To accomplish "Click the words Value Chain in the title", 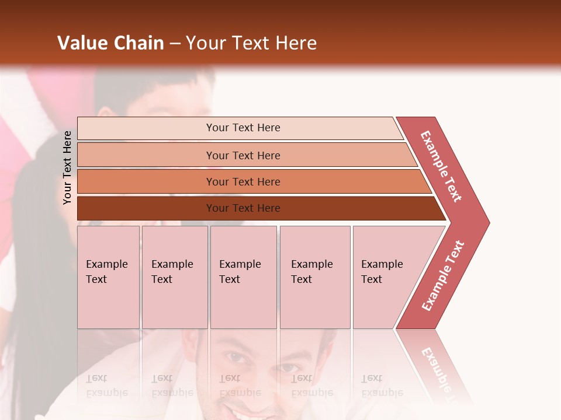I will [110, 43].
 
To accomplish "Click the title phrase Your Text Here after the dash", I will [251, 43].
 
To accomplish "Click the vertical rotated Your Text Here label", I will [67, 167].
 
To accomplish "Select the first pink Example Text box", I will [108, 277].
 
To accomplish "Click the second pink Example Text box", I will [174, 277].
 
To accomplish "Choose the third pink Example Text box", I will [243, 277].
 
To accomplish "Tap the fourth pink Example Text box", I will [315, 277].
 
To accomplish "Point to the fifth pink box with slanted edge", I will [389, 277].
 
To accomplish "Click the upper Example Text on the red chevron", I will [441, 166].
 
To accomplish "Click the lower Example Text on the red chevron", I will [443, 276].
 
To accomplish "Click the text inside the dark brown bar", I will [243, 208].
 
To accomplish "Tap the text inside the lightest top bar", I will [243, 128].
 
